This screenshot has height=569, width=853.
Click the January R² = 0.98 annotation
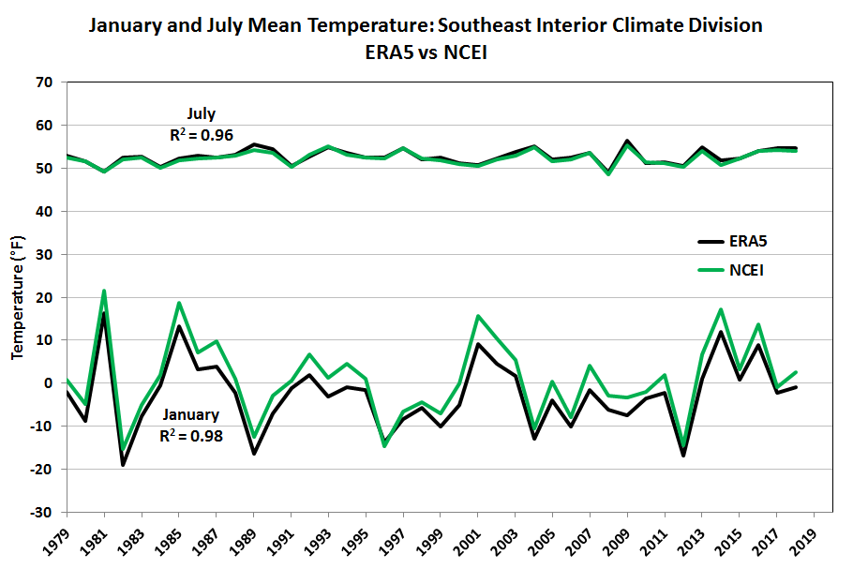190,425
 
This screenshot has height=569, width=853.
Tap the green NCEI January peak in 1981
104,291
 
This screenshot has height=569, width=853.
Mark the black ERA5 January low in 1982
123,464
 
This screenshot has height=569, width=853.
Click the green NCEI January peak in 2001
477,316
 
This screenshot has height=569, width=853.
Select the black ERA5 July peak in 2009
626,142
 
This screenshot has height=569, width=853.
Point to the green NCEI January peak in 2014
719,309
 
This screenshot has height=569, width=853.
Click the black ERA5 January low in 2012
681,455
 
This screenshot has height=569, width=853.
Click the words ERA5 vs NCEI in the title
426,52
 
